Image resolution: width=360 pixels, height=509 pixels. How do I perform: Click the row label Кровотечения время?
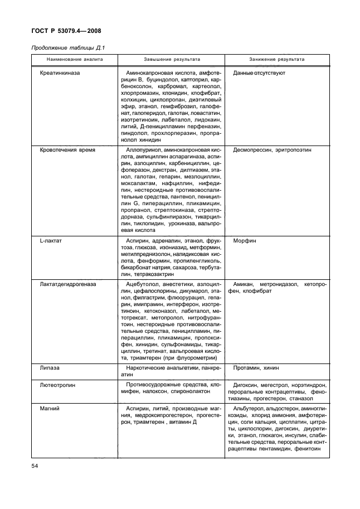[67, 151]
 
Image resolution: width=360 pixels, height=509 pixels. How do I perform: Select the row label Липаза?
[50, 369]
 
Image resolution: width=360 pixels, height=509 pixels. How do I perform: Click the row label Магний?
[50, 408]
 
